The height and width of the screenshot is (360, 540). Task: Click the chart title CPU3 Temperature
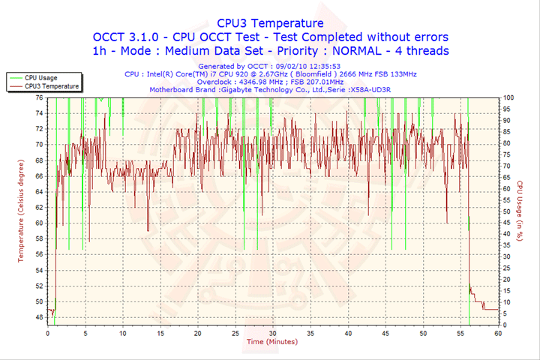[270, 23]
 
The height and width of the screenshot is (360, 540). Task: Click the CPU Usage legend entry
[40, 77]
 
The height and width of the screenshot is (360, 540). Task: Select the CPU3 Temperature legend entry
[51, 86]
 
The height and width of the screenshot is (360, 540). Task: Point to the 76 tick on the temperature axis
[39, 97]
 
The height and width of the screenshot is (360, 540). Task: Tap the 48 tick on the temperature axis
[39, 317]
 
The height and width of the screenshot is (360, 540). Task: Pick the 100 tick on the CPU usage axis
[508, 97]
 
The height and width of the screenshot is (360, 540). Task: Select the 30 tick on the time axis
[272, 332]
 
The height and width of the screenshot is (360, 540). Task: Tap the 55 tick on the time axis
[460, 332]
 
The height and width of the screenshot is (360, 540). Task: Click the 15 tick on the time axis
[160, 332]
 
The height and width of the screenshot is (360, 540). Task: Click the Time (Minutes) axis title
[271, 341]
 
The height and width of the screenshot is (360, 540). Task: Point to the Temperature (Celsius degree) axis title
[21, 210]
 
